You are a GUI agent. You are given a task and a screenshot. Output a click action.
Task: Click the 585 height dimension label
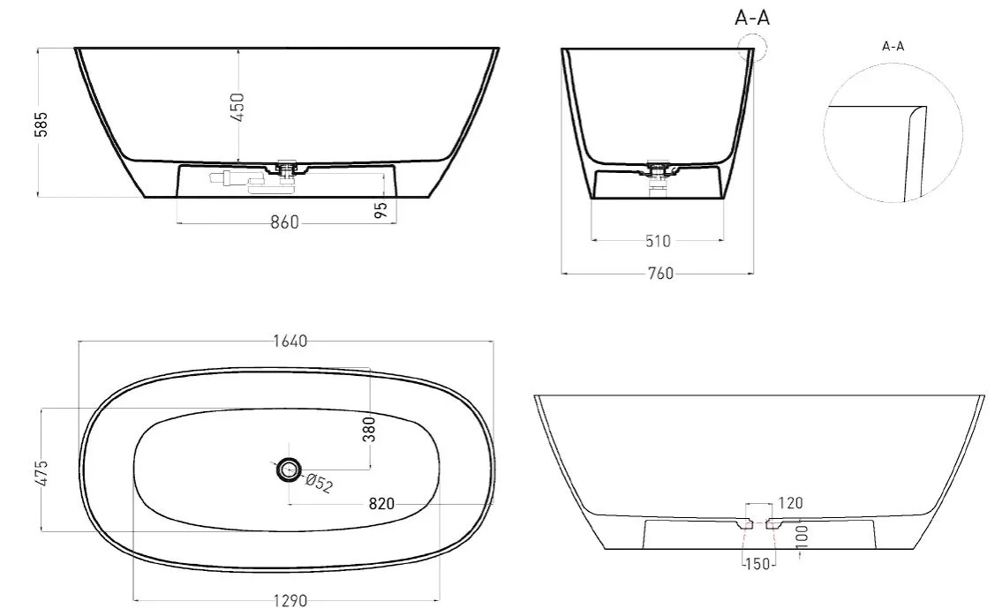(41, 124)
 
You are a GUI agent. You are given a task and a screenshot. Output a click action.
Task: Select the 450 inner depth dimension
(237, 108)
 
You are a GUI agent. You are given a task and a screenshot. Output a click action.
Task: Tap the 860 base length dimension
(284, 222)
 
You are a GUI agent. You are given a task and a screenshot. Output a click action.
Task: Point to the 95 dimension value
(380, 210)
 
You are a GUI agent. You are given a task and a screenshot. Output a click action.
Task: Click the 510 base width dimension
(659, 241)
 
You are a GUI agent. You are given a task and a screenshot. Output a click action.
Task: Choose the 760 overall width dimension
(660, 274)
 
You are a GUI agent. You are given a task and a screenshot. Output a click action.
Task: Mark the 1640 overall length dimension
(290, 342)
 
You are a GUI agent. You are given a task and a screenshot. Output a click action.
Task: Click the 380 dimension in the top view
(369, 429)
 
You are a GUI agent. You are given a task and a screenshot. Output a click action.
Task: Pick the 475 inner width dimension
(42, 473)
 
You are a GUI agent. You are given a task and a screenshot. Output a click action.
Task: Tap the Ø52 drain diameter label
(319, 483)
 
